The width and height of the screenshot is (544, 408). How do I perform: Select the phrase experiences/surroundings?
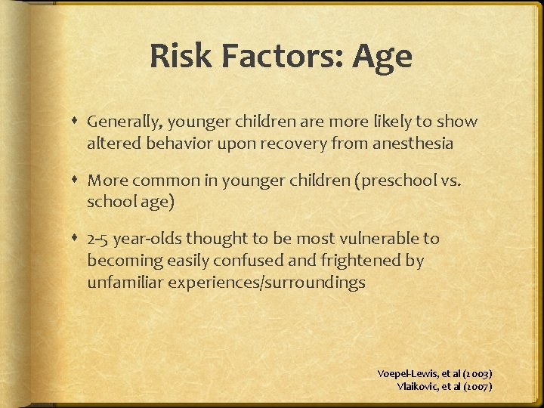265,283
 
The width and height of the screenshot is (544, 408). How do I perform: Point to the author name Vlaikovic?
419,386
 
